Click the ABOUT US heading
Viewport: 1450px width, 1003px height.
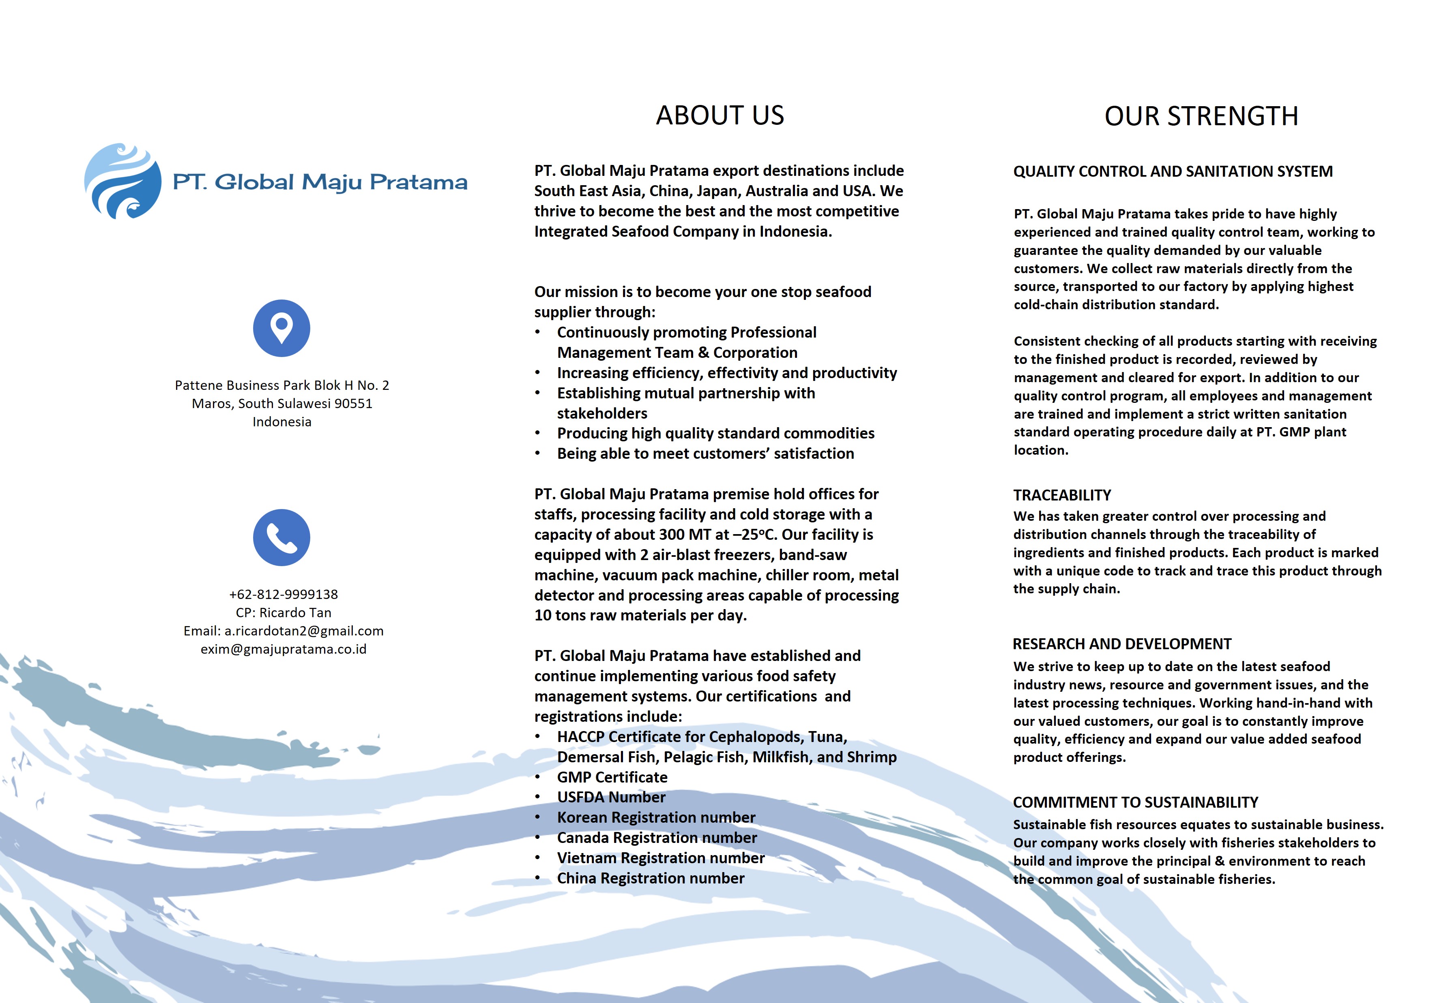(x=720, y=115)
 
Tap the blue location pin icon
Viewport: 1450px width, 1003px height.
(x=282, y=328)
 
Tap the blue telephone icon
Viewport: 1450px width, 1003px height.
(x=282, y=537)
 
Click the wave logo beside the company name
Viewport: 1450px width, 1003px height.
(x=122, y=181)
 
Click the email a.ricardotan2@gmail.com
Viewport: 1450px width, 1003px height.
(x=304, y=631)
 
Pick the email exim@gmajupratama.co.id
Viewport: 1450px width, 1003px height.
(x=284, y=649)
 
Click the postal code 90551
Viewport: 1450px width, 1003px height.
(x=353, y=404)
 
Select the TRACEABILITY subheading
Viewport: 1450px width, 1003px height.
(x=1062, y=495)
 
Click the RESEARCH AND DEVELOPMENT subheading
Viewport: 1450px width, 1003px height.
(x=1122, y=644)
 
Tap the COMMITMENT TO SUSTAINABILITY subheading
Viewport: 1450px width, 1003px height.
(x=1136, y=802)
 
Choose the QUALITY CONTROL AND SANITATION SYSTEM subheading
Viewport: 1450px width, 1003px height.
(x=1173, y=171)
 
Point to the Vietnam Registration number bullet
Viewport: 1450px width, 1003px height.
(x=660, y=858)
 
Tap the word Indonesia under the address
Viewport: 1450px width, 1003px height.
(x=282, y=422)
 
